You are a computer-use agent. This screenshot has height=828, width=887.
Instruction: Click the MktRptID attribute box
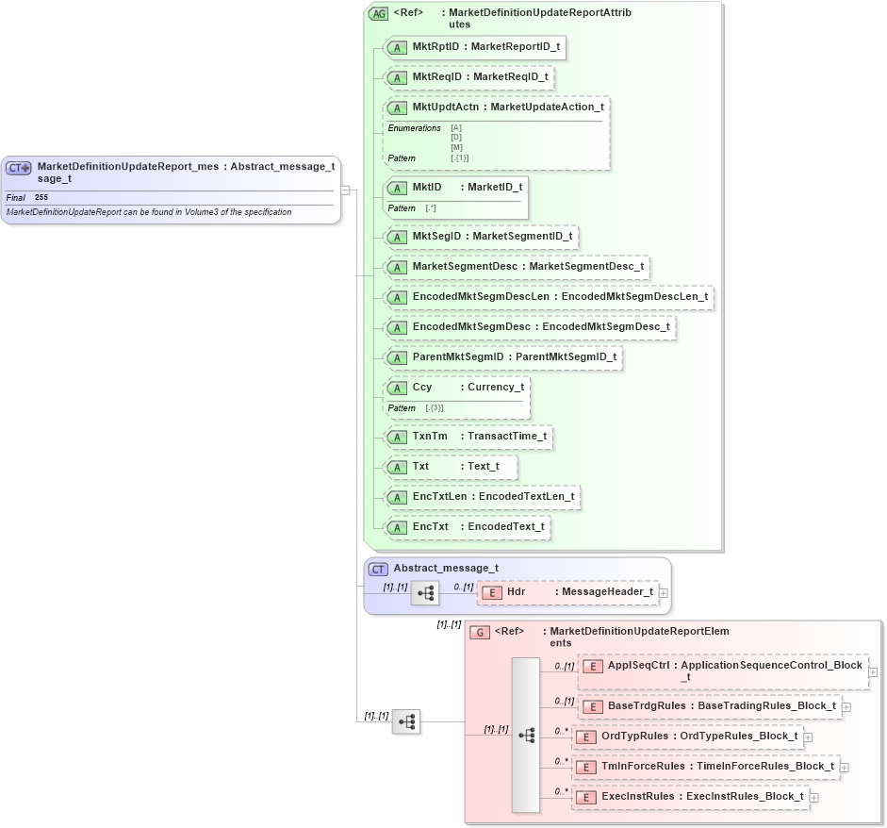pyautogui.click(x=475, y=47)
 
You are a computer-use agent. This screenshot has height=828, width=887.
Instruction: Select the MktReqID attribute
pyautogui.click(x=468, y=76)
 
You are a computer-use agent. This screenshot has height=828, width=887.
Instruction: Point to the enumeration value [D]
pyautogui.click(x=456, y=138)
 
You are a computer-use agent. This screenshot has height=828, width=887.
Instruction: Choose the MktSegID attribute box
pyautogui.click(x=481, y=236)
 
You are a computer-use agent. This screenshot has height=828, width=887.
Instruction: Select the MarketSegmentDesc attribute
pyautogui.click(x=517, y=267)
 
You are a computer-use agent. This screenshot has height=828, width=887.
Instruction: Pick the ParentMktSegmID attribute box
pyautogui.click(x=503, y=357)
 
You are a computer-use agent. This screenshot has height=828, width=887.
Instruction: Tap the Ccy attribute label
pyautogui.click(x=422, y=387)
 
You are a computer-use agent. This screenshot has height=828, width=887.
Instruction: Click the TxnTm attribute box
pyautogui.click(x=468, y=437)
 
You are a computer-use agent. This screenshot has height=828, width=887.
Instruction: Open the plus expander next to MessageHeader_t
pyautogui.click(x=664, y=592)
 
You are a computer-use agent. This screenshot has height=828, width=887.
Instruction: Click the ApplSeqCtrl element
pyautogui.click(x=722, y=671)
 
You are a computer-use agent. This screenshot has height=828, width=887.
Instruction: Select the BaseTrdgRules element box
pyautogui.click(x=709, y=705)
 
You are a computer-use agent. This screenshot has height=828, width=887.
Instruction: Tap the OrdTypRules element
pyautogui.click(x=688, y=736)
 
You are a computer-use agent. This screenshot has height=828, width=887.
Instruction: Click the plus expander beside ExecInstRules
pyautogui.click(x=813, y=797)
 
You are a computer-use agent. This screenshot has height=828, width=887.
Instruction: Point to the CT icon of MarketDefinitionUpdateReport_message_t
pyautogui.click(x=19, y=168)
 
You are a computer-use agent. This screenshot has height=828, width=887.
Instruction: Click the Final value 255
pyautogui.click(x=41, y=198)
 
